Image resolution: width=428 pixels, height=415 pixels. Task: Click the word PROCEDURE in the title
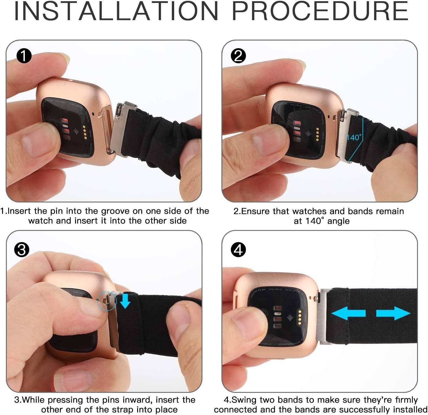pyautogui.click(x=320, y=11)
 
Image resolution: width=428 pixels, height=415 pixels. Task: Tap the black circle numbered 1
pyautogui.click(x=24, y=56)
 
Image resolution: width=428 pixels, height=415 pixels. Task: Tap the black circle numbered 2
pyautogui.click(x=238, y=56)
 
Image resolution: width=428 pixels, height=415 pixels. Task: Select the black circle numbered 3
pyautogui.click(x=22, y=250)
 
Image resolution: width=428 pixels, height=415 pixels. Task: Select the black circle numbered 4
pyautogui.click(x=238, y=250)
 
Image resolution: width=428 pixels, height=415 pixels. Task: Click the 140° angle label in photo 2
pyautogui.click(x=354, y=137)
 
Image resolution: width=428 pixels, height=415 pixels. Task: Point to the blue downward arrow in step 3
pyautogui.click(x=125, y=301)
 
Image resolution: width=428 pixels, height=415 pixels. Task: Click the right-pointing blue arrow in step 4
pyautogui.click(x=393, y=313)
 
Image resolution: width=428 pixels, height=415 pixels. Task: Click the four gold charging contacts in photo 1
pyautogui.click(x=85, y=132)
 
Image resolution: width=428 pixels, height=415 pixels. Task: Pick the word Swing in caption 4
pyautogui.click(x=244, y=400)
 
